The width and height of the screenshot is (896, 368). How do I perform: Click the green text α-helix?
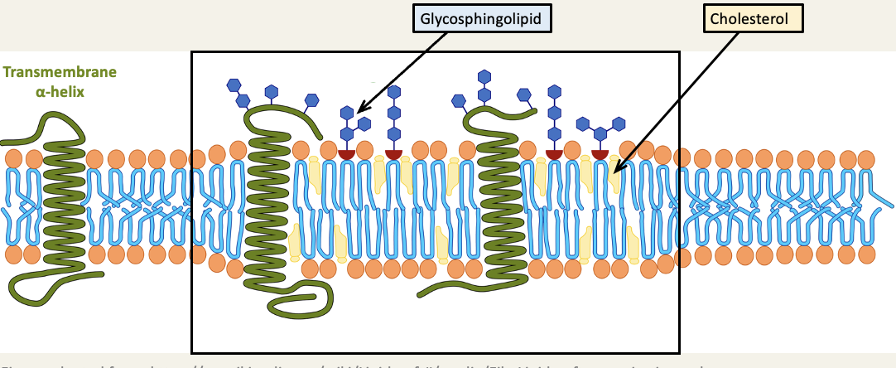60,91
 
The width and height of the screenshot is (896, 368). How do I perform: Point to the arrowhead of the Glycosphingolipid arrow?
358,111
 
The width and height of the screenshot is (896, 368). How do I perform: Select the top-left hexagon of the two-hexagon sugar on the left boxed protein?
234,85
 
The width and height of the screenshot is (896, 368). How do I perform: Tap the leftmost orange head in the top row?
13,157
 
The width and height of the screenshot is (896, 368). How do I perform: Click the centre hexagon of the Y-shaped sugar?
600,133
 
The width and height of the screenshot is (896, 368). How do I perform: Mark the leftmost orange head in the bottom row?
13,253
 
